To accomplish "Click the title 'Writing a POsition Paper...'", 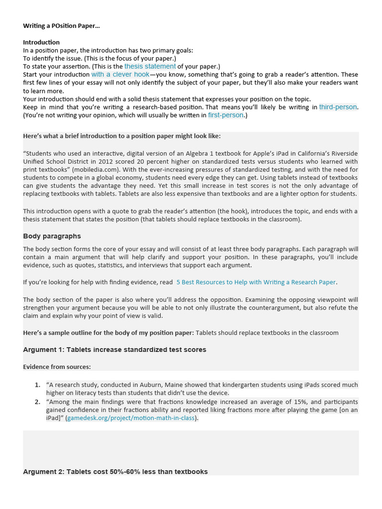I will point(61,25).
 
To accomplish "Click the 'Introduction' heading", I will point(41,42).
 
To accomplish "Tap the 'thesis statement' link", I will point(150,66).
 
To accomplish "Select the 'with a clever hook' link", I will point(120,74).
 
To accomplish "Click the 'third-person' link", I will point(338,107).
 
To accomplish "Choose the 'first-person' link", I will point(226,115).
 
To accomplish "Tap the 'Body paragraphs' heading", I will point(52,236).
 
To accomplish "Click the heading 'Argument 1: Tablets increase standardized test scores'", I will point(114,349).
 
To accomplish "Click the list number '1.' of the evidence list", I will point(37,385).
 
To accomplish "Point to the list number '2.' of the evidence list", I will point(37,402).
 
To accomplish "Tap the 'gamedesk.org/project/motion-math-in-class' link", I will point(131,418).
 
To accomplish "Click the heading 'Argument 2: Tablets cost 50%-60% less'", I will point(115,471).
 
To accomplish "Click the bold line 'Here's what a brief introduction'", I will point(122,136).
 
